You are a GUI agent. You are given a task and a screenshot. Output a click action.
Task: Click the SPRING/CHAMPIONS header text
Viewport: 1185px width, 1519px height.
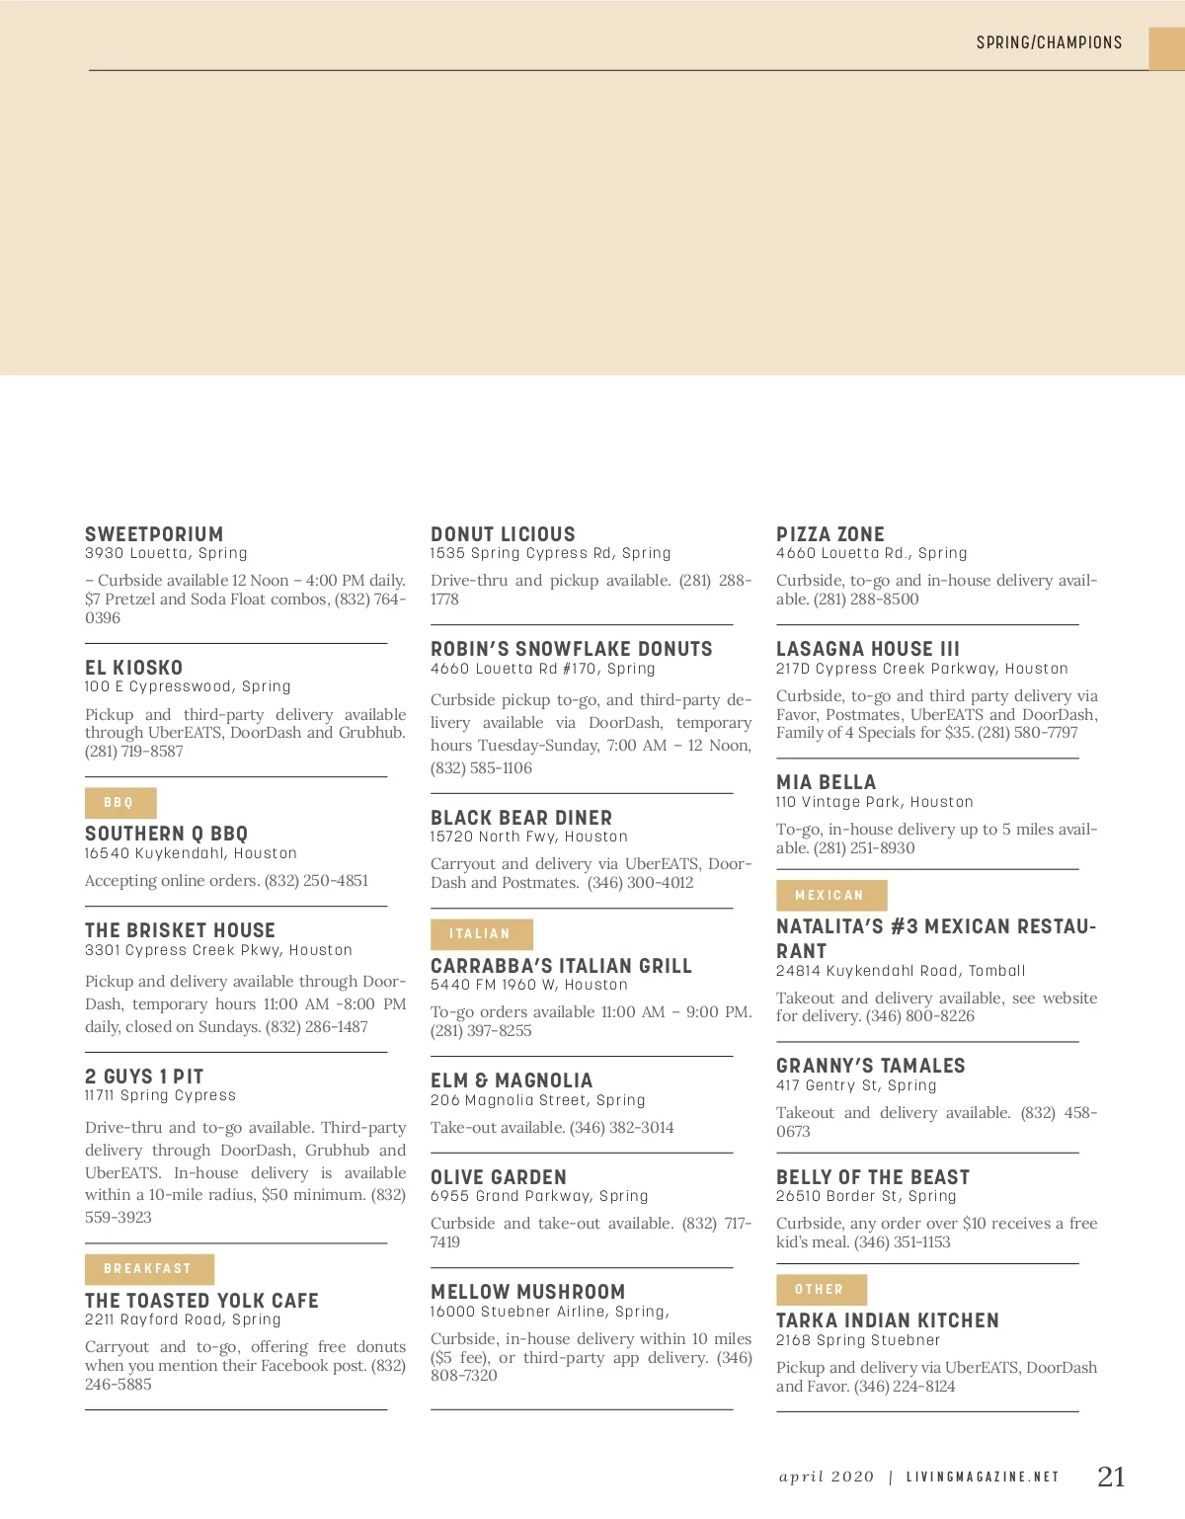1049,42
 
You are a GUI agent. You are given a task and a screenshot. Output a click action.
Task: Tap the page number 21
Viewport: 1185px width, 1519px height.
1111,1477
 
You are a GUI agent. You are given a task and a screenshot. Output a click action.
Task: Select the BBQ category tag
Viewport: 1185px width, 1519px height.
119,803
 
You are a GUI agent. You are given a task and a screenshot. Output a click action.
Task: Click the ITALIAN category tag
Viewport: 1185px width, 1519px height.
481,934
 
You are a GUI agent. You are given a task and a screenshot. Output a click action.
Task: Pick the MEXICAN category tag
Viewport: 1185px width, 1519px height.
830,896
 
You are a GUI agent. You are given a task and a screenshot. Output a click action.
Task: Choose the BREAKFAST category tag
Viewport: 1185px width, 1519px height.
148,1269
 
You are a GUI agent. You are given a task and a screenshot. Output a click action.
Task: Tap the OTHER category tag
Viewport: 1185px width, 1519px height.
821,1290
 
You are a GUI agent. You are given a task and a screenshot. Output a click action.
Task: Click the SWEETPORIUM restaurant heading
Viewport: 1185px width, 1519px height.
154,534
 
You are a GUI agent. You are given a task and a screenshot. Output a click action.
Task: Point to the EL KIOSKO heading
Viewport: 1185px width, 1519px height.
133,668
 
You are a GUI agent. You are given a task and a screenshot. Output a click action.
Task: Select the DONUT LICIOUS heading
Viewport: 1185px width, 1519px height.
503,534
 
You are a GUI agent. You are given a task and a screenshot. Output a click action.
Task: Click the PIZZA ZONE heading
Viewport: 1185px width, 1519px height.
830,534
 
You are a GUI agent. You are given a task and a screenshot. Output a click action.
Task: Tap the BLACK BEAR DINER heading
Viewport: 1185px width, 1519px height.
521,818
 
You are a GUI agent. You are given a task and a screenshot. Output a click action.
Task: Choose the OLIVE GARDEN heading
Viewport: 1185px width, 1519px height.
499,1177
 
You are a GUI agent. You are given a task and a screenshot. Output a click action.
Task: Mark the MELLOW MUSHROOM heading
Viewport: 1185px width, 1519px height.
528,1292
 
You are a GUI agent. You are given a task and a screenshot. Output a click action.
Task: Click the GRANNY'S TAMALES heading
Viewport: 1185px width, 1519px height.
871,1066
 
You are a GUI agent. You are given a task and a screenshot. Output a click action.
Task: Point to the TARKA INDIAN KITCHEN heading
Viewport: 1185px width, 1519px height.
888,1320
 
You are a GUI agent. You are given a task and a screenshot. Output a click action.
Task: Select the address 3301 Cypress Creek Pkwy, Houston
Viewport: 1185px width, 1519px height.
218,950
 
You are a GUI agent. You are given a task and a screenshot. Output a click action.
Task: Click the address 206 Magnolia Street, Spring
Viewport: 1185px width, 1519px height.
538,1100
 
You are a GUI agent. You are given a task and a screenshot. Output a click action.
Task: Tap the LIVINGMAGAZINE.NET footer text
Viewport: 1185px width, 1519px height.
983,1478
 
